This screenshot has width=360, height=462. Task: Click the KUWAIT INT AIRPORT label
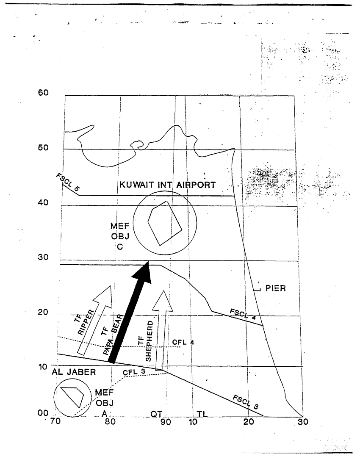tap(168, 185)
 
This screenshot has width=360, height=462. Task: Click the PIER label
tap(276, 289)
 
